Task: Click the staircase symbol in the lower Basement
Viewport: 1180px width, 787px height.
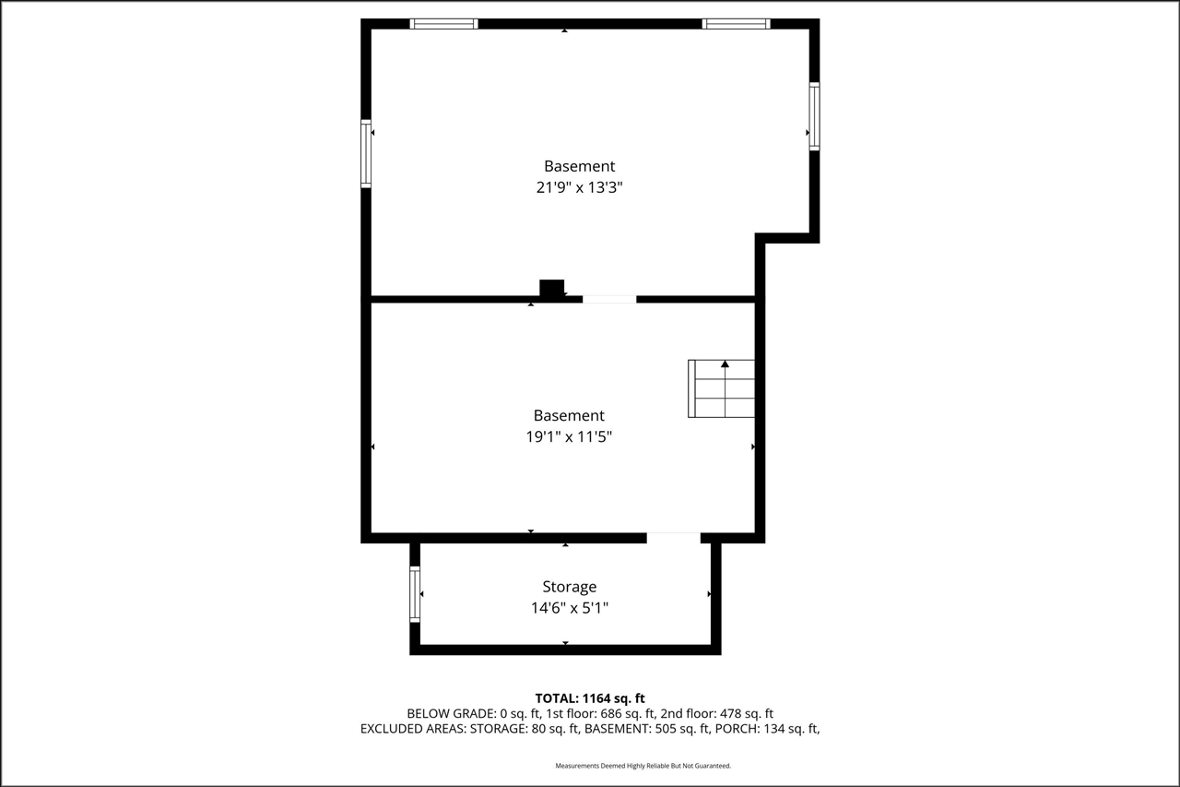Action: (721, 388)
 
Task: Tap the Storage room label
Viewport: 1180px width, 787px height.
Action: (569, 587)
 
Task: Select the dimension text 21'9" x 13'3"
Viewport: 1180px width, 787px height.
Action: (578, 187)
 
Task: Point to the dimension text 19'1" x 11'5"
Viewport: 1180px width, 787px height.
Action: (569, 436)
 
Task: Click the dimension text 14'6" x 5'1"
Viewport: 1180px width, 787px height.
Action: (569, 608)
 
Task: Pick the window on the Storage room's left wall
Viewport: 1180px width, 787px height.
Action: (415, 593)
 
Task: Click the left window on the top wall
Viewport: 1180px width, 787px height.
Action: (443, 24)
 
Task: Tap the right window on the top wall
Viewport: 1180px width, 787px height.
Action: (736, 24)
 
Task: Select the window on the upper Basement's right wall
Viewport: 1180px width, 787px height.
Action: (814, 115)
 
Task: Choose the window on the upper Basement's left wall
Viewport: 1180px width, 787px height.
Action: (366, 153)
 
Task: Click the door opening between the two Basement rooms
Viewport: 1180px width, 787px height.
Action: (608, 299)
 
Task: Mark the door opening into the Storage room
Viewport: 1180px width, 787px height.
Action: (673, 537)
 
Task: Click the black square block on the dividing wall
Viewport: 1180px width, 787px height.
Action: (551, 288)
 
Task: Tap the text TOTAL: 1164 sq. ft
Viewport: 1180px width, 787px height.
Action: (590, 698)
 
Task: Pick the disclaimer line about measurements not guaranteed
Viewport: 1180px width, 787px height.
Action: (643, 766)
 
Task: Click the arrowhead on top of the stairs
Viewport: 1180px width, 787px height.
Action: (725, 364)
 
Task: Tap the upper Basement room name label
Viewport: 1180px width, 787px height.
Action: (579, 166)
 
